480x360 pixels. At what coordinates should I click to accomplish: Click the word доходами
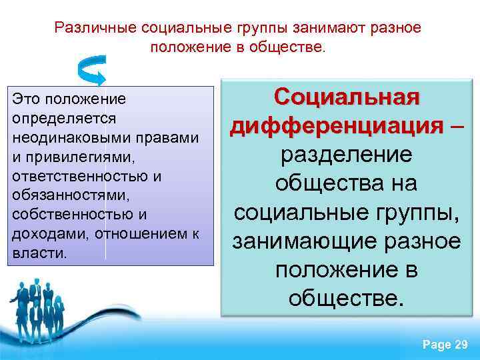coord(48,235)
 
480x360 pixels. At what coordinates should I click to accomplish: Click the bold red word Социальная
coord(347,97)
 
